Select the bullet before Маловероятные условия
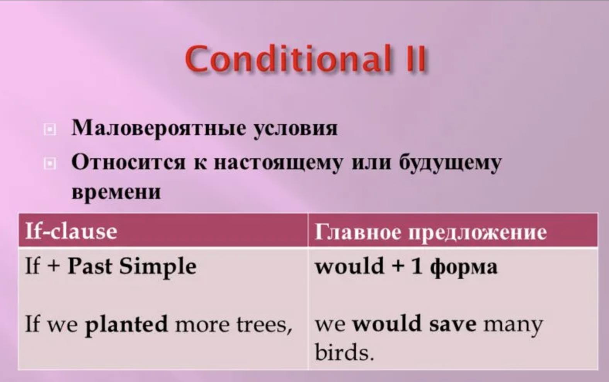(50, 130)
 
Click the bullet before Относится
(50, 164)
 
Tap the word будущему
(450, 163)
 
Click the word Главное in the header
(358, 232)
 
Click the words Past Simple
(132, 267)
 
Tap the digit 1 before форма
(417, 266)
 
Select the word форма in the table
(464, 268)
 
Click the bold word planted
(126, 324)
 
